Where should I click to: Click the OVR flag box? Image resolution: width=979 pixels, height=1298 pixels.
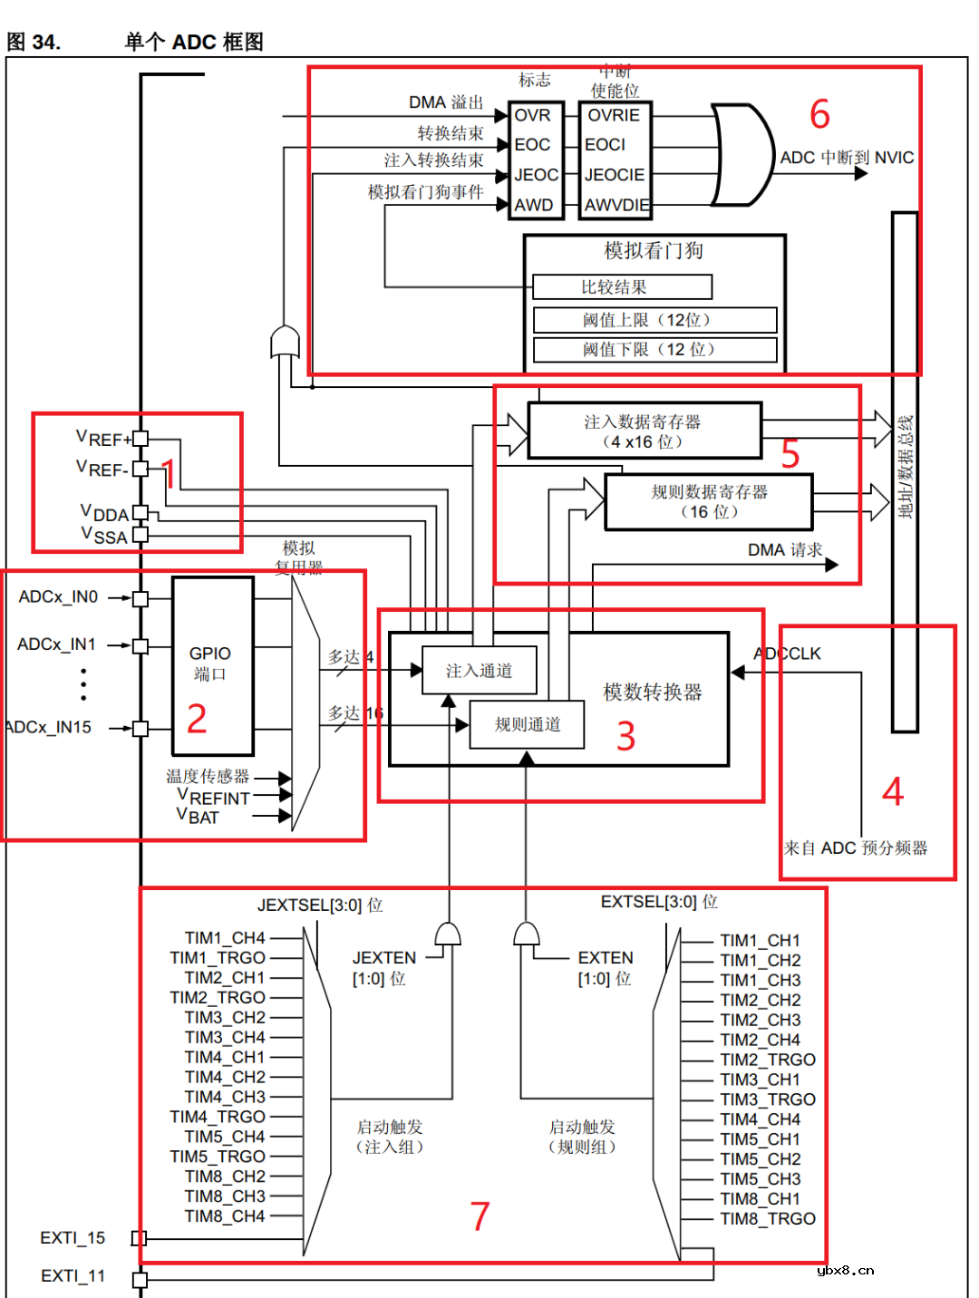[x=533, y=116]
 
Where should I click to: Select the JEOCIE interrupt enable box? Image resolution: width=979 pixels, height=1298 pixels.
[x=615, y=175]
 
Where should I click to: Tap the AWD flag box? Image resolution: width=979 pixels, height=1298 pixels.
[x=533, y=205]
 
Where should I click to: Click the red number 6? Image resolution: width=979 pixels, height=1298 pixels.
[x=819, y=115]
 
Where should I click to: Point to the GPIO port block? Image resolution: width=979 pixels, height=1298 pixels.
[x=212, y=664]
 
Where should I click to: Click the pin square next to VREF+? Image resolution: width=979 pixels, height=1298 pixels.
[x=141, y=439]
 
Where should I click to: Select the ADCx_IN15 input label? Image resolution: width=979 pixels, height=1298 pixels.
[x=50, y=728]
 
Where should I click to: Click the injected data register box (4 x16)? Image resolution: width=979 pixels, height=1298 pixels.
[x=644, y=431]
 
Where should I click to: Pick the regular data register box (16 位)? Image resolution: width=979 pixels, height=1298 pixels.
[x=708, y=501]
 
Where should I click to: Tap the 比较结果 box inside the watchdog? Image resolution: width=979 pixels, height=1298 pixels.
[x=622, y=287]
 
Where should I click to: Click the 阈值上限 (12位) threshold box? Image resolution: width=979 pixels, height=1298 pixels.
[x=654, y=320]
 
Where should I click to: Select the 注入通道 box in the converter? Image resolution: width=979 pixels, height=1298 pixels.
[x=479, y=671]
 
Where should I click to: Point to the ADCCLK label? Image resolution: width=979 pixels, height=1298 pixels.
[x=788, y=654]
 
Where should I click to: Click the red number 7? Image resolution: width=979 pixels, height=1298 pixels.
[x=480, y=1216]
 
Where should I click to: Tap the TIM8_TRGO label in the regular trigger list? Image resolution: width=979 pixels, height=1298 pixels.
[x=768, y=1219]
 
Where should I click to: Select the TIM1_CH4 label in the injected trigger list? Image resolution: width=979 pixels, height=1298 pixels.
[x=225, y=938]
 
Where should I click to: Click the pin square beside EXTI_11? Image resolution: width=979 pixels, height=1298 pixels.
[x=140, y=1279]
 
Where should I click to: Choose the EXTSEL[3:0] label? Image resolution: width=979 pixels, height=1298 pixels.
[x=659, y=902]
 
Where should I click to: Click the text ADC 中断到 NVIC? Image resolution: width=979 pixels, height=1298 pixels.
[x=847, y=158]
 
